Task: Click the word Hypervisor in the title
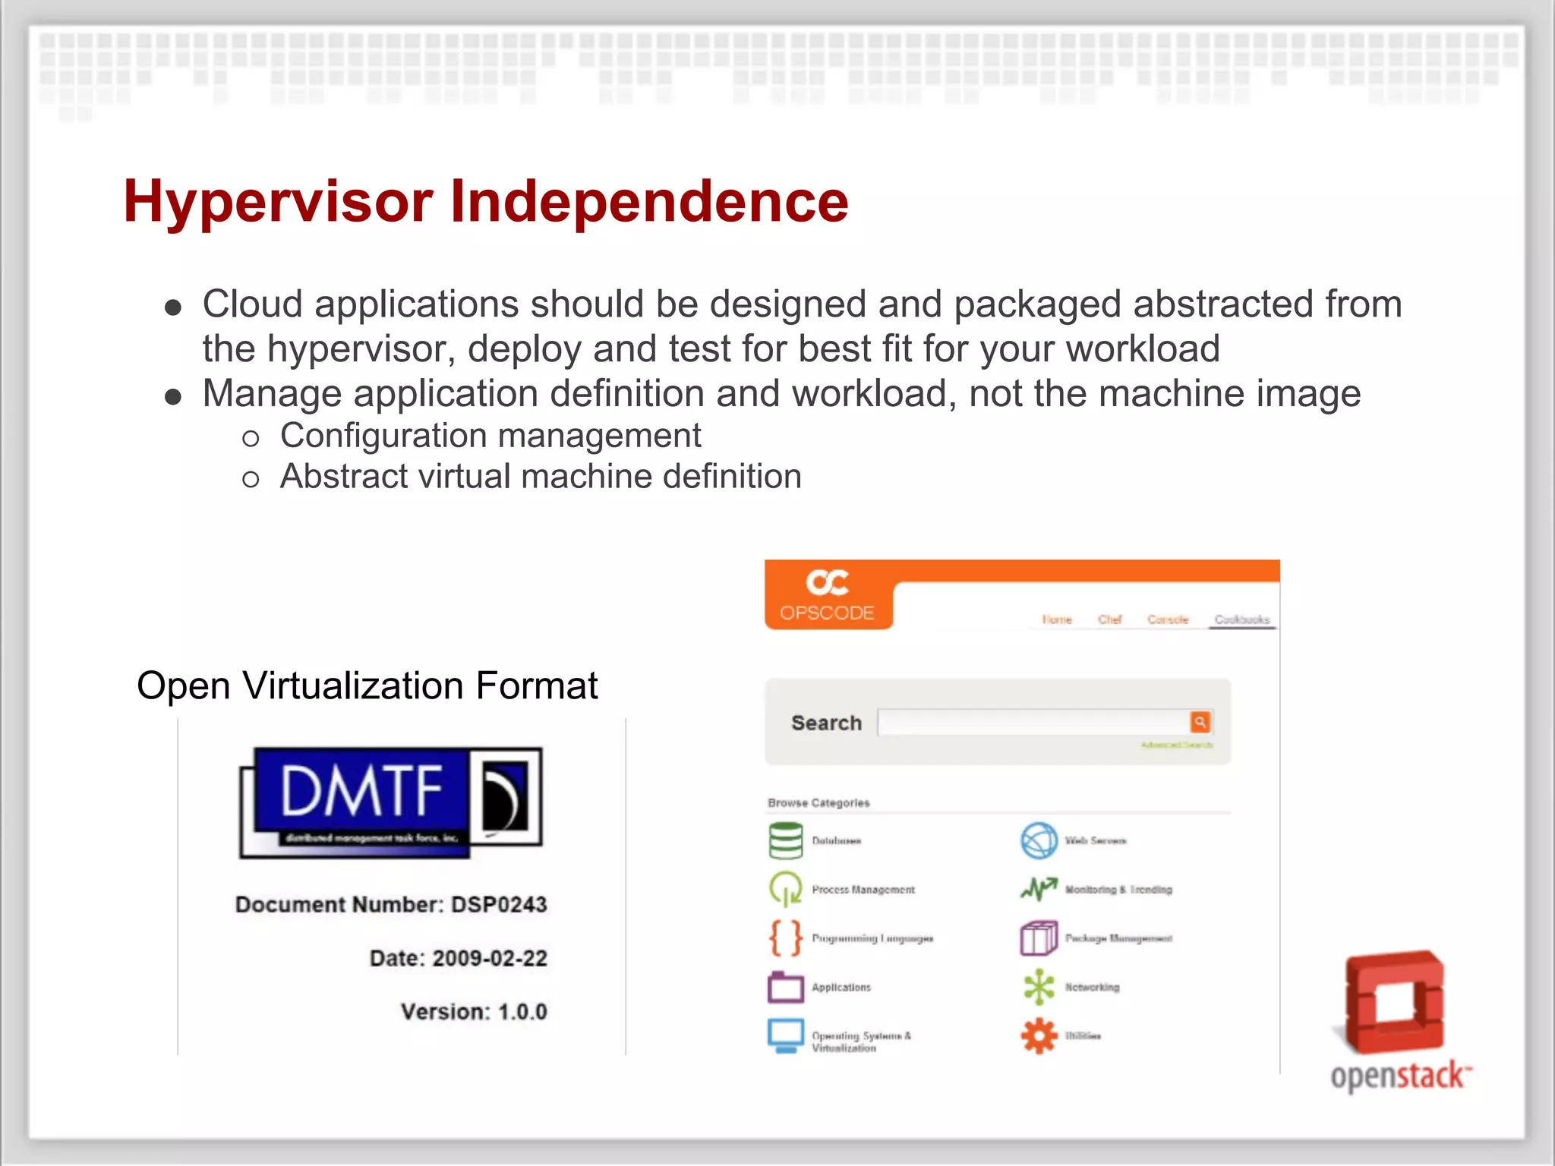coord(278,202)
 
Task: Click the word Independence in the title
coord(649,202)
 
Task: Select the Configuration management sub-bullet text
coord(490,436)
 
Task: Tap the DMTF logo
coord(391,802)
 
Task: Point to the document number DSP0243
coord(499,904)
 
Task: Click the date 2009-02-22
coord(490,958)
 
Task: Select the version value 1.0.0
coord(522,1012)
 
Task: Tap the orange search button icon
coord(1200,722)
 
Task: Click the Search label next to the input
coord(826,723)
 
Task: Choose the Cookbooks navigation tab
coord(1241,619)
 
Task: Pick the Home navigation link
coord(1056,619)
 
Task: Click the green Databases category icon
coord(785,840)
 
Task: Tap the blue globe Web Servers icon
coord(1039,840)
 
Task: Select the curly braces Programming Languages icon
coord(785,938)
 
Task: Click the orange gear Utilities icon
coord(1039,1035)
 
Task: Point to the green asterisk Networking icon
coord(1039,987)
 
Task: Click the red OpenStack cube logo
coord(1396,1002)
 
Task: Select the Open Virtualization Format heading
coord(367,685)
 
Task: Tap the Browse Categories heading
coord(819,802)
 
